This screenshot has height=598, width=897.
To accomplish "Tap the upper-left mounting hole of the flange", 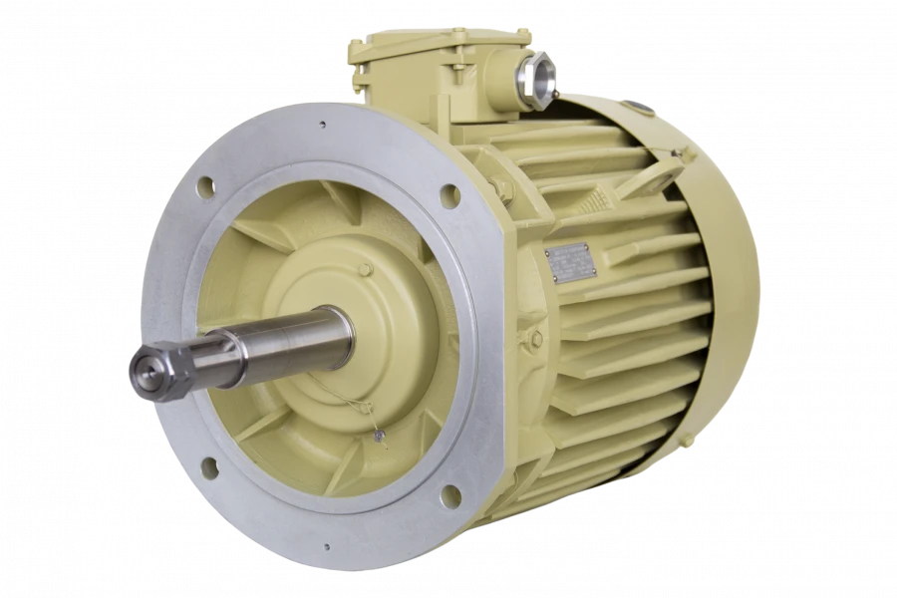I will point(205,185).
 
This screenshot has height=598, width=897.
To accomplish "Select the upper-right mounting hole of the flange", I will point(449,195).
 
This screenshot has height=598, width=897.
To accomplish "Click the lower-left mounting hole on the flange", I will point(209,466).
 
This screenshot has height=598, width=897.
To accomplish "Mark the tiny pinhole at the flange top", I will point(322,126).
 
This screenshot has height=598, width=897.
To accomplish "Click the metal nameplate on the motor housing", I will point(571,262).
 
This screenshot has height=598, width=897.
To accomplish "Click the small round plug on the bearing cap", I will point(366,269).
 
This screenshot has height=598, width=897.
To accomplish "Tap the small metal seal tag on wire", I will point(378,435).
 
